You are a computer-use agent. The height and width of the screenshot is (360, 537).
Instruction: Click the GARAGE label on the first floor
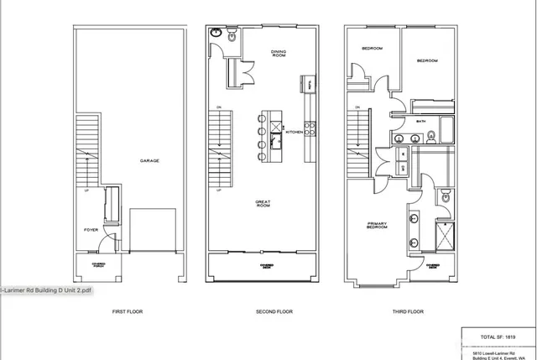point(150,160)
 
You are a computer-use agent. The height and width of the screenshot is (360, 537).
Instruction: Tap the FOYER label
point(91,229)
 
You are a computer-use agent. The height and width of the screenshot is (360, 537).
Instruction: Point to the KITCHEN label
point(294,132)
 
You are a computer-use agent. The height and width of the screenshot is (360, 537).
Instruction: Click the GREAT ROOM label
point(264,204)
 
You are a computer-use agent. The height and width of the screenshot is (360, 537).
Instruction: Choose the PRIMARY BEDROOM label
point(377,225)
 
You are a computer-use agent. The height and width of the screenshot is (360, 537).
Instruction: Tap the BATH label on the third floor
point(420,122)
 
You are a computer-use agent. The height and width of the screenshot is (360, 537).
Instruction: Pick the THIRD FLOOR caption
point(409,311)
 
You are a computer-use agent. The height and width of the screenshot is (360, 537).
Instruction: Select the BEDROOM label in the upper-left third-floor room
point(372,49)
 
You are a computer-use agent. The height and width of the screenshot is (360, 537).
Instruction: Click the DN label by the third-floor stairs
point(358,107)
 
